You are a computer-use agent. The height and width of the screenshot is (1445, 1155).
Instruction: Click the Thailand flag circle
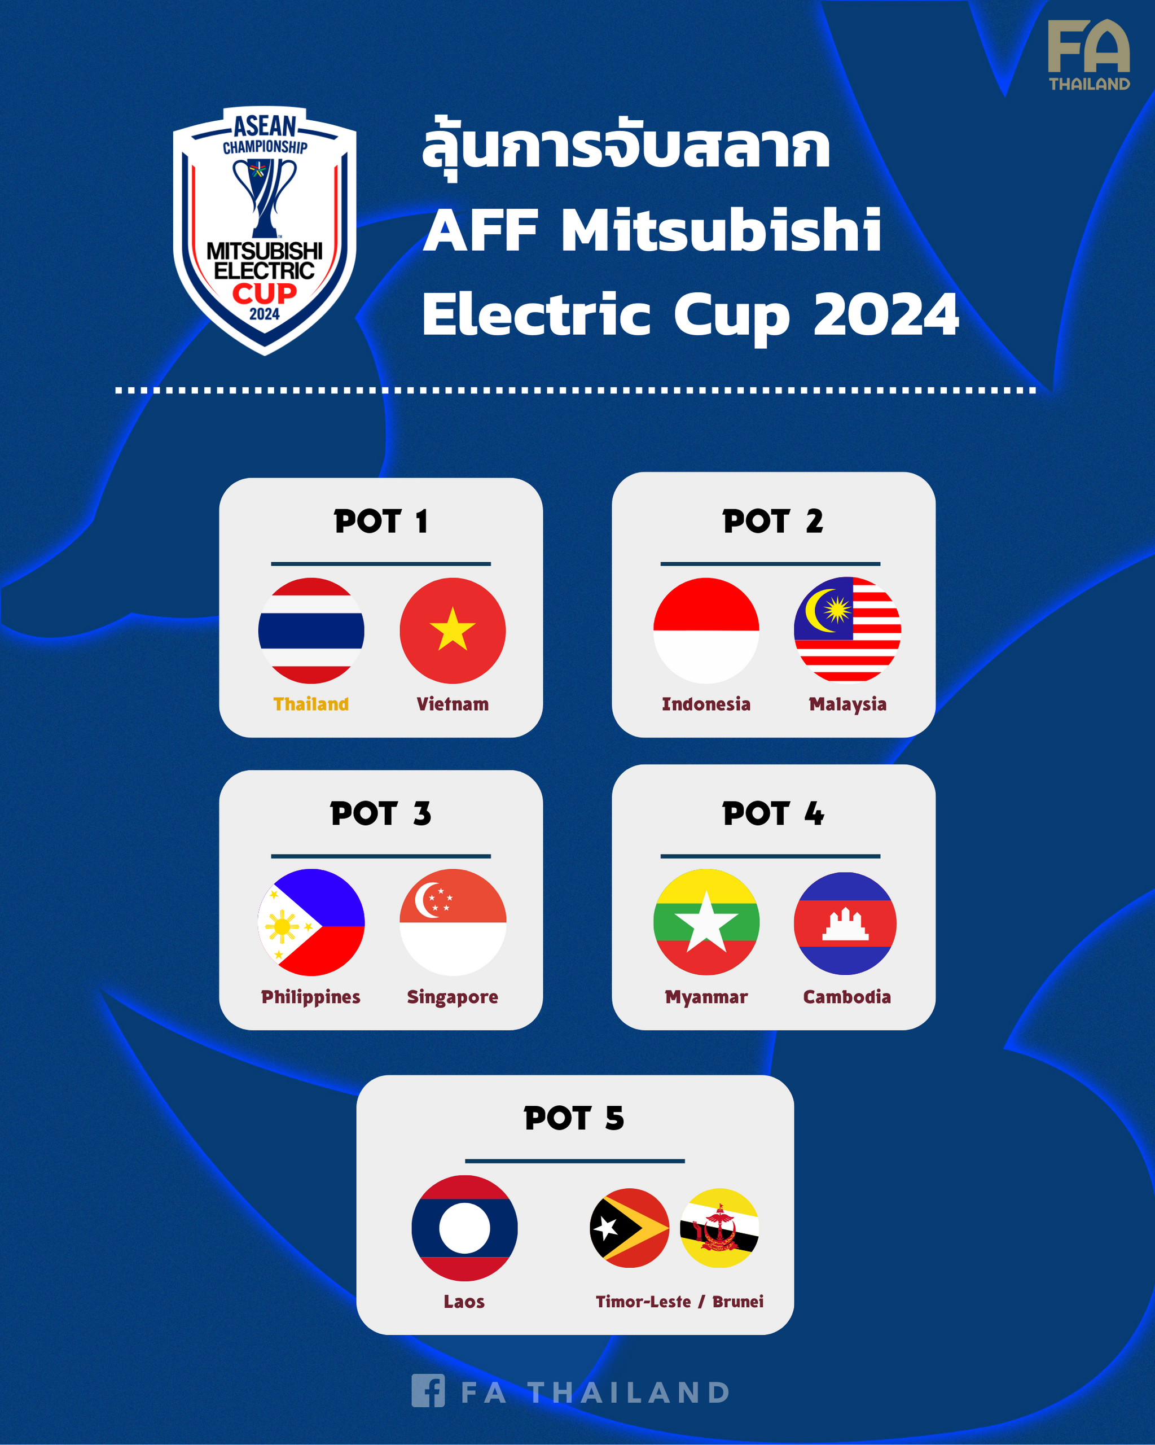point(311,630)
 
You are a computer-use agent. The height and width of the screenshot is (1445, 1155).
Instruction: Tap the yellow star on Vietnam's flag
point(453,630)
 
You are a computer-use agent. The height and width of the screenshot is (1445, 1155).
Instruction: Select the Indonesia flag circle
point(706,630)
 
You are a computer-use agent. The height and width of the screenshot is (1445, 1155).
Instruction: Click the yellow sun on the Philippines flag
point(282,927)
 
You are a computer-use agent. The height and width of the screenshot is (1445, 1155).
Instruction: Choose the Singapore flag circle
point(453,922)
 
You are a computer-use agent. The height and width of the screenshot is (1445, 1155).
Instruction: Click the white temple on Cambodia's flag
point(845,925)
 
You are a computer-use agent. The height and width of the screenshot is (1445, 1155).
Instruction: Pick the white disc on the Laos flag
point(464,1228)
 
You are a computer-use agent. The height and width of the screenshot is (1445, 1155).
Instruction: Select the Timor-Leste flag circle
point(629,1228)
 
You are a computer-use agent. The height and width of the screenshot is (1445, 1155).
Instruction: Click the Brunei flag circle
point(719,1228)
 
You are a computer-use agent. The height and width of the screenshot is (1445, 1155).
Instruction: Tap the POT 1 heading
point(380,522)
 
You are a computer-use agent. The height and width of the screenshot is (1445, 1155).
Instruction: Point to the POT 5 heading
point(574,1118)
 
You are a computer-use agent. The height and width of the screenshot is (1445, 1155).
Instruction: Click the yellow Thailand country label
point(311,704)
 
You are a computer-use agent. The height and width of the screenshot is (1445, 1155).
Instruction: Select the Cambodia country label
point(847,997)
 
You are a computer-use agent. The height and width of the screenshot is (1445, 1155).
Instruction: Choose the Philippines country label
point(311,997)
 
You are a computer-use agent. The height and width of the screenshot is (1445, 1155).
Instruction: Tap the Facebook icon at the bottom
point(428,1390)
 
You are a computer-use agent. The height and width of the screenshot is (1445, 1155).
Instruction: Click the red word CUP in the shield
point(265,293)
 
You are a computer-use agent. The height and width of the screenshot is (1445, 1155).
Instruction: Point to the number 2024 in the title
point(886,315)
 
